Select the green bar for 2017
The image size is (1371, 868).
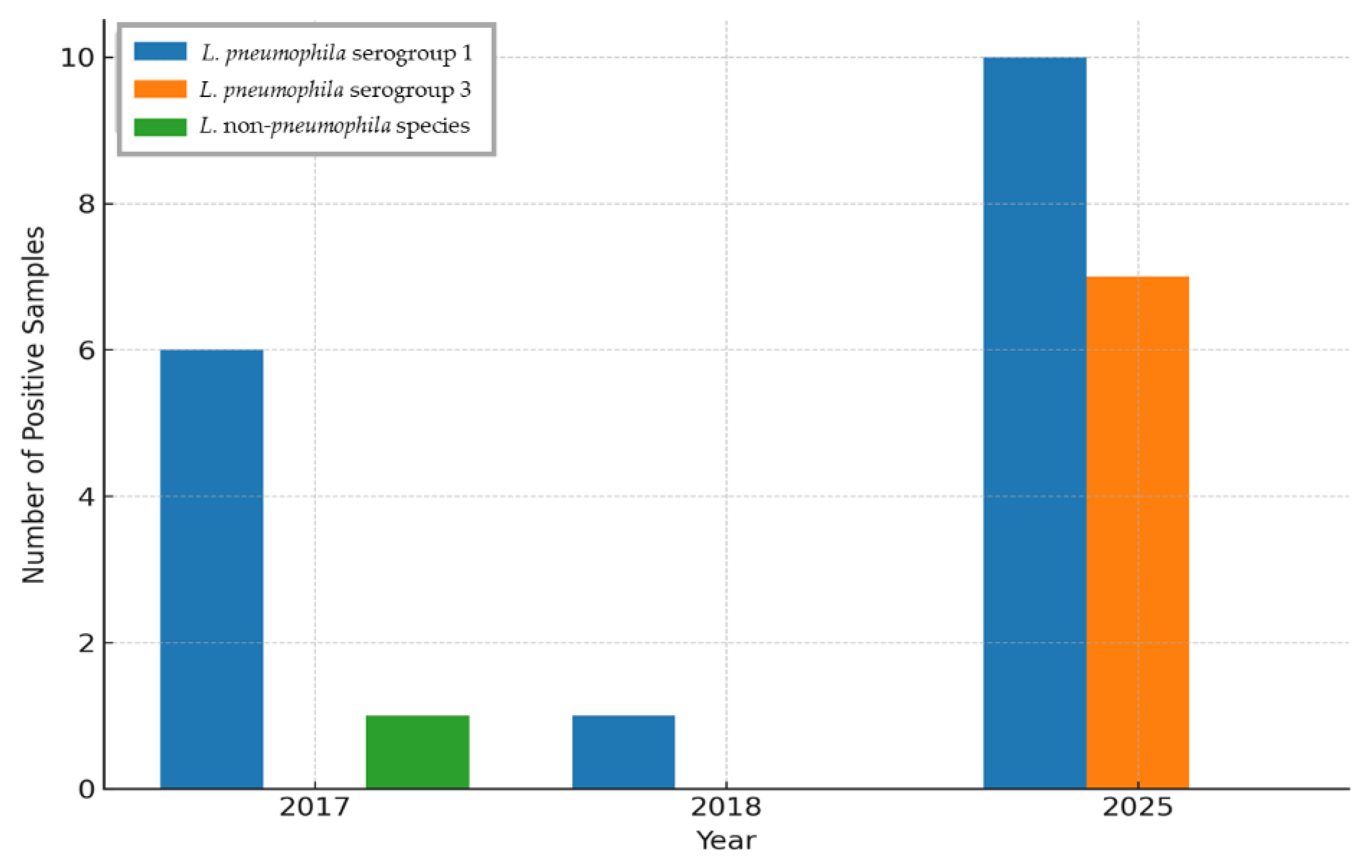click(417, 752)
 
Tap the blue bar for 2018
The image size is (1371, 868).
click(623, 752)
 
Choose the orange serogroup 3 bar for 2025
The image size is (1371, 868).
click(1138, 533)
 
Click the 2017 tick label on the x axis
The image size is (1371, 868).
click(314, 808)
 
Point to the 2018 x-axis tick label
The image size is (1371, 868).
click(726, 808)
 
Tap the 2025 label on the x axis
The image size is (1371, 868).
click(1138, 808)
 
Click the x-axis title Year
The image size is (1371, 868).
click(726, 841)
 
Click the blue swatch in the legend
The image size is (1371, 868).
click(160, 51)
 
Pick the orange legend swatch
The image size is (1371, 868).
click(160, 89)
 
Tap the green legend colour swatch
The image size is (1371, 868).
click(160, 126)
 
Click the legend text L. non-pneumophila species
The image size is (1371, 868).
click(335, 126)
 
